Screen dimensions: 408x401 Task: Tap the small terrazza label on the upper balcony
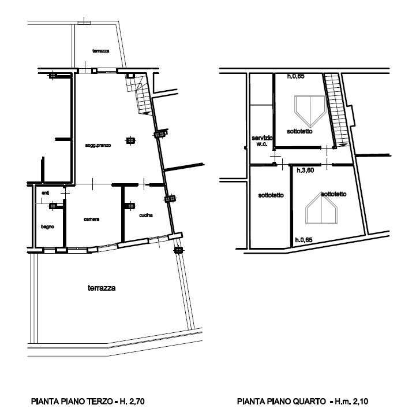point(100,51)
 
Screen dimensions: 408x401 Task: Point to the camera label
point(91,219)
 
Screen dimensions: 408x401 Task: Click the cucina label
point(145,215)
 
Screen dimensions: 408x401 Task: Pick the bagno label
point(47,227)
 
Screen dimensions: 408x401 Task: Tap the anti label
point(46,192)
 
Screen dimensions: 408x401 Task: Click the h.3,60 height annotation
point(305,171)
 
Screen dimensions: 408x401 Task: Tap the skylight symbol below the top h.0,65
point(310,110)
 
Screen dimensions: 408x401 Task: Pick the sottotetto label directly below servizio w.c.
point(271,195)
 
